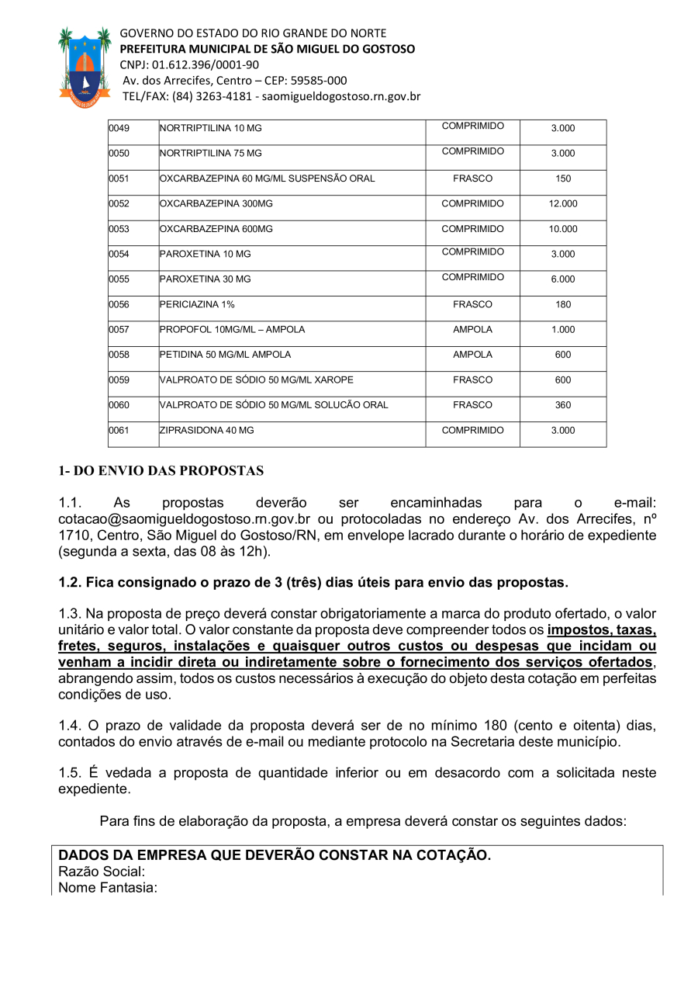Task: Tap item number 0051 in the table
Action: point(119,179)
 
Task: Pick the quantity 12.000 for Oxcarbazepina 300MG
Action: point(563,204)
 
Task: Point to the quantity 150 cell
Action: point(563,179)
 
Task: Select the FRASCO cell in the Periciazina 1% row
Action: point(472,304)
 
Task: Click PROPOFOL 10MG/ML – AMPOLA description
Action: point(233,330)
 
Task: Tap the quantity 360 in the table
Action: point(563,405)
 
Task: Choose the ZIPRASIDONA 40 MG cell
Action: point(207,431)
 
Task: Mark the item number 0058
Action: point(119,355)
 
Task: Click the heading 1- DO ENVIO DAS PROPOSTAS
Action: point(161,470)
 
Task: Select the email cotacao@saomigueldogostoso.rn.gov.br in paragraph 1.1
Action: point(185,519)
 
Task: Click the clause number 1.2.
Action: point(71,582)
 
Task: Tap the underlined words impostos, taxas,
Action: point(602,629)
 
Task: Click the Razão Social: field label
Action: point(102,872)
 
